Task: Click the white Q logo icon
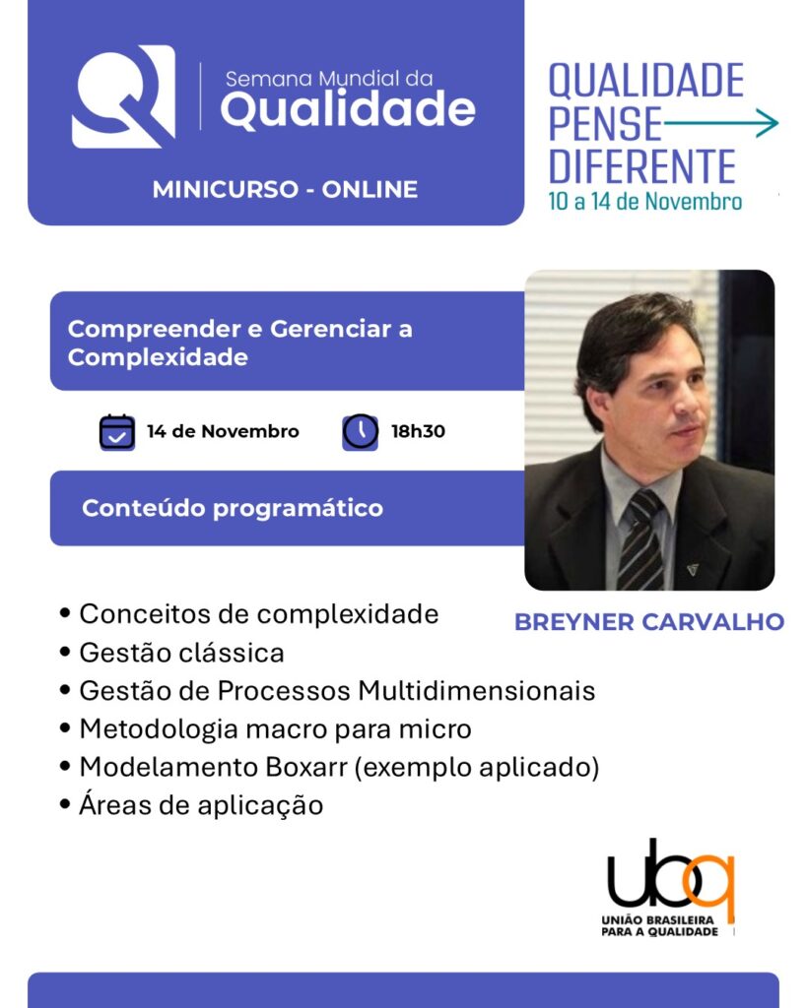coord(123,96)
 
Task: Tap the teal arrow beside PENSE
coord(720,123)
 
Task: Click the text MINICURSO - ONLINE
coord(285,190)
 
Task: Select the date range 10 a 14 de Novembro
coord(644,201)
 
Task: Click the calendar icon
coord(117,431)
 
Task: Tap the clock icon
coord(360,431)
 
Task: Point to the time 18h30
coord(419,431)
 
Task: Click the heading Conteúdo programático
coord(233,508)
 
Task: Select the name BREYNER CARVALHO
coord(649,622)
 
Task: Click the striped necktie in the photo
coord(640,540)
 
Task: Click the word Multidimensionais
coord(476,690)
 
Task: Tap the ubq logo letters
coord(670,875)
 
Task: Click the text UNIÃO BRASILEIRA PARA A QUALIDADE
coord(659,925)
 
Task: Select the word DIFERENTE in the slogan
coord(642,166)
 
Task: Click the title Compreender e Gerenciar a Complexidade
coord(239,343)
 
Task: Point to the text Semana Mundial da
coord(329,79)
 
